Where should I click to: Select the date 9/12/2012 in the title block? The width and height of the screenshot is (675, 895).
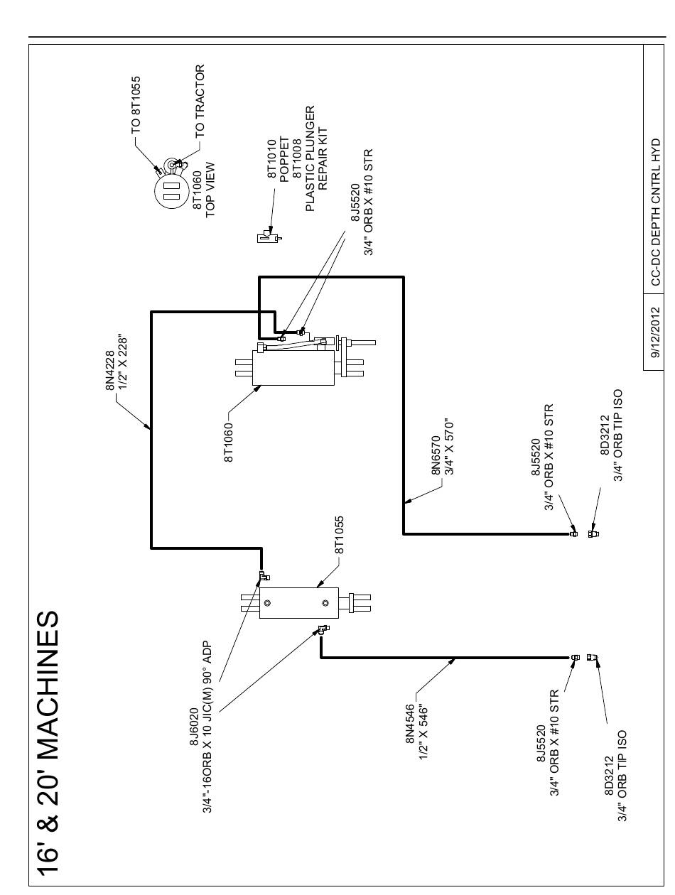point(655,332)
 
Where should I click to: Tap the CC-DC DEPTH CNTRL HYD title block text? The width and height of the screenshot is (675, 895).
point(655,212)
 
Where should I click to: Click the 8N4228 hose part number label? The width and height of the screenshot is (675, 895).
point(110,370)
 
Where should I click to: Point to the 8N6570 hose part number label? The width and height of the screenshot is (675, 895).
point(436,455)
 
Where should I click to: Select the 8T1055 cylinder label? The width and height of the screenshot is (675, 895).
point(339,535)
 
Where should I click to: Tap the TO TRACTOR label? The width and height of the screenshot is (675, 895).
point(200,101)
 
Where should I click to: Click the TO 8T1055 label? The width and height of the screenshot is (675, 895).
point(136,105)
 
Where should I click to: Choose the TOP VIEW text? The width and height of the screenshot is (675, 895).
point(210,190)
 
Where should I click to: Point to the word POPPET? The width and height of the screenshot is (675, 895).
point(284,159)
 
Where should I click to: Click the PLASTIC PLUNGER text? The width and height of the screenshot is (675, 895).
point(310,158)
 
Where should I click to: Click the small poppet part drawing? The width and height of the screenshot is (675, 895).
point(269,237)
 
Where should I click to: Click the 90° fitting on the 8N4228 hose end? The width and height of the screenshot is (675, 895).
point(264,575)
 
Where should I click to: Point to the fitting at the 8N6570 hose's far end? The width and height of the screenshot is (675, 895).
point(573,533)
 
